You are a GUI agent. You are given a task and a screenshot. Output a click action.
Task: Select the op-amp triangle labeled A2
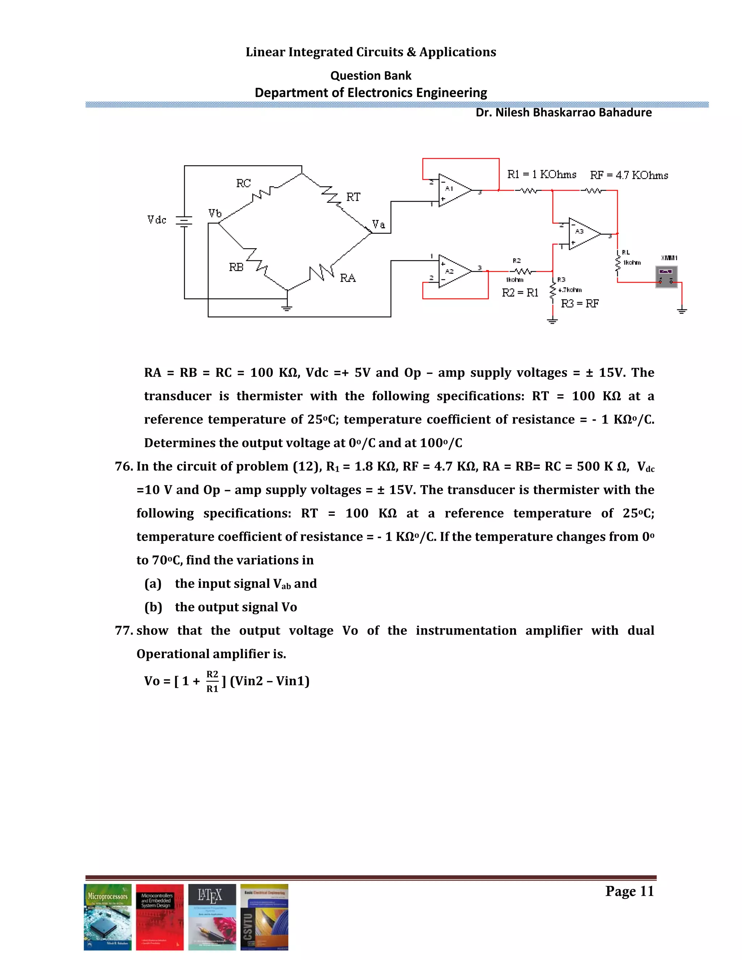click(x=453, y=271)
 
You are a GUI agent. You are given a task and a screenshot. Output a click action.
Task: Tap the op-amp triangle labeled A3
click(x=583, y=234)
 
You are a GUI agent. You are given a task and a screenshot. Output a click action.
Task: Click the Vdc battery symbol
click(x=184, y=221)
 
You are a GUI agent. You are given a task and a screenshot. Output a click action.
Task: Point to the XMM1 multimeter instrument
click(x=666, y=276)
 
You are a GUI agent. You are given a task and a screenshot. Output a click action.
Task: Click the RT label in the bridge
click(x=353, y=197)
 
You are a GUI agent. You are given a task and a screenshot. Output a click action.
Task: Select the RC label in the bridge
click(x=243, y=183)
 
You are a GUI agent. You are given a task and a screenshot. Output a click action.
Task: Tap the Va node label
click(x=379, y=225)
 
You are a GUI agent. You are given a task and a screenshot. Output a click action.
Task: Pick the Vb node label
click(x=215, y=214)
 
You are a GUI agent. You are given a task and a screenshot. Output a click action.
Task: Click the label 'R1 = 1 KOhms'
click(x=542, y=175)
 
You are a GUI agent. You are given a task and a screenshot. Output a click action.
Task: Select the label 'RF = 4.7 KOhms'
click(x=629, y=175)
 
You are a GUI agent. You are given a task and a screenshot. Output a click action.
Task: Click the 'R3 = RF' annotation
click(x=579, y=304)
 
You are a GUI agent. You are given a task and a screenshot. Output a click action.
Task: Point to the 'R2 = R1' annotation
click(x=520, y=293)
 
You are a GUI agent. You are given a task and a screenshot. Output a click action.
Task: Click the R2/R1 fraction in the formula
click(x=212, y=681)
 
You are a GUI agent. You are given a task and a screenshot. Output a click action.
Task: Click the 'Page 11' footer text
click(x=629, y=891)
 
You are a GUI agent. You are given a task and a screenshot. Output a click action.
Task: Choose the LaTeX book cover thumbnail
click(x=212, y=917)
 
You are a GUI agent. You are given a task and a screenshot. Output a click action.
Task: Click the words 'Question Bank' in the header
click(x=371, y=76)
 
